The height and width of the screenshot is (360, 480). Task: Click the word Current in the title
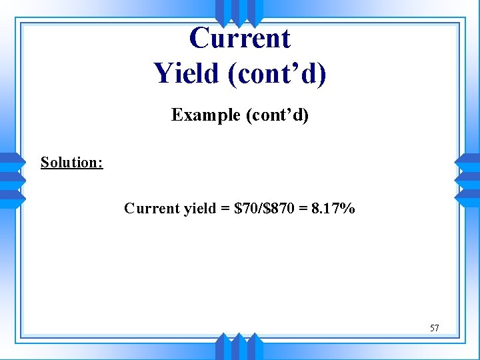240,38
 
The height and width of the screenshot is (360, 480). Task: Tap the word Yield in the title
186,73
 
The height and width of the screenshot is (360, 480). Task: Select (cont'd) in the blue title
277,73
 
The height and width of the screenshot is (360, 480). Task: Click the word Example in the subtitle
206,115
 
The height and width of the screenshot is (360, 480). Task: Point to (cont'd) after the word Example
277,115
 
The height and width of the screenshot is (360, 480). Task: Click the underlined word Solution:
71,162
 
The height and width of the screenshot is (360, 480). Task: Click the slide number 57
434,328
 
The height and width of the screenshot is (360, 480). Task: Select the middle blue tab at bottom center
239,347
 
